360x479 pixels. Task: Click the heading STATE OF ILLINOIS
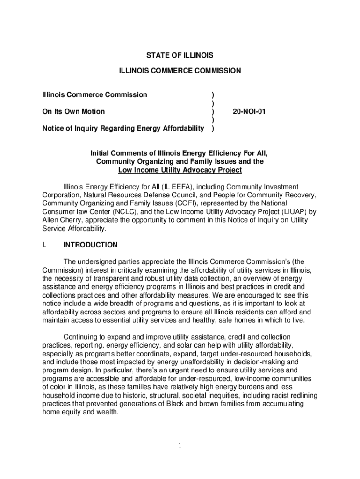click(180, 55)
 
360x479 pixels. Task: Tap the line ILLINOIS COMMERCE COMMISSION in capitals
click(180, 71)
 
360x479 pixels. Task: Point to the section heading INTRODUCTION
click(90, 245)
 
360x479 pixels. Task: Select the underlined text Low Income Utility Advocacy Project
click(180, 170)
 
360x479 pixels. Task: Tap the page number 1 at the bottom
click(180, 445)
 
